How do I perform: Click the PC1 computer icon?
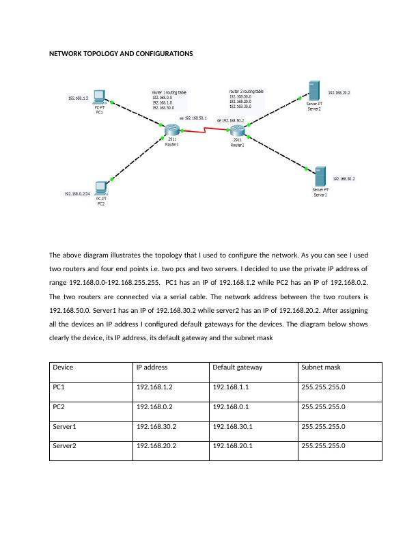100,96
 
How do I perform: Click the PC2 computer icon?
102,186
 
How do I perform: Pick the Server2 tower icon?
313,91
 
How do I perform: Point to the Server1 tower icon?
320,176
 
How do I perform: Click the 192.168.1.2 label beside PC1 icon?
78,98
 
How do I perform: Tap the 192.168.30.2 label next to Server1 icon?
344,179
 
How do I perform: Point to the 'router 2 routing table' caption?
246,91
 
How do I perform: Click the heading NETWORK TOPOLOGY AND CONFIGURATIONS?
121,53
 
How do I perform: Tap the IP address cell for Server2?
156,447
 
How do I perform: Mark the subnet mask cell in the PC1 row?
323,387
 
